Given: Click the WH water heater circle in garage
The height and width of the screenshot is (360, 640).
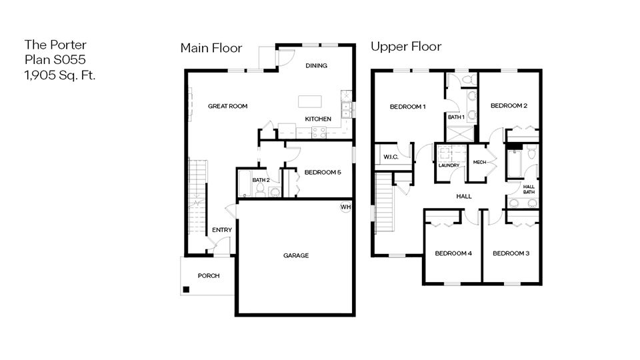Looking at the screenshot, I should point(345,207).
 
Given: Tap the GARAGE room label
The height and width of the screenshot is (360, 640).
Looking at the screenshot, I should point(296,255).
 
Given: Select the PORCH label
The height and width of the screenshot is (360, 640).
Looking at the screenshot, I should point(208,276).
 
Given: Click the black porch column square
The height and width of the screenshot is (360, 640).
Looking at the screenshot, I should point(187,289).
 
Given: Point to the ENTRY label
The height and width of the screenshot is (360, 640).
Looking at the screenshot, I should point(222,231).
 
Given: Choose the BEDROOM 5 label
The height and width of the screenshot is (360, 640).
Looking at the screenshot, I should point(323,173).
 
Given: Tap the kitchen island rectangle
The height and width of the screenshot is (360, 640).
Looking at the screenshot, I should point(309,101).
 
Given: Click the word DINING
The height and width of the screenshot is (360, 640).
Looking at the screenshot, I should point(315,65).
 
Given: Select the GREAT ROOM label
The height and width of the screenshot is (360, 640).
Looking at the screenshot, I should point(227,106).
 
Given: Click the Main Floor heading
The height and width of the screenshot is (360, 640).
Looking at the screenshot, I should point(211,47).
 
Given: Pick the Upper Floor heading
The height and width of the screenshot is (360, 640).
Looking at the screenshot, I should point(406,47).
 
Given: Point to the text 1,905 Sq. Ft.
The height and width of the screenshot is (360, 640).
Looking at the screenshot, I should point(60,75).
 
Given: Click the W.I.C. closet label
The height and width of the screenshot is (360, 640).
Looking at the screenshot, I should point(391,157).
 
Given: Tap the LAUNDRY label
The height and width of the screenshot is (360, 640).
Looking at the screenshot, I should point(448,165).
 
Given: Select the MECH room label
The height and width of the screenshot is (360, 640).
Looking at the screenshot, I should point(479,163).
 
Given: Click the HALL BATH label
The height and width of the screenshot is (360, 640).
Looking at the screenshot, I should point(529,189).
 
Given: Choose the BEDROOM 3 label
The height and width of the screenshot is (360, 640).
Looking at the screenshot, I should point(511,253).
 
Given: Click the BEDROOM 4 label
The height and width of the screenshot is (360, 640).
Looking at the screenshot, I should point(453,253).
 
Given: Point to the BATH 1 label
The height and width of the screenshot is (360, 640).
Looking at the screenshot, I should point(456,117).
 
